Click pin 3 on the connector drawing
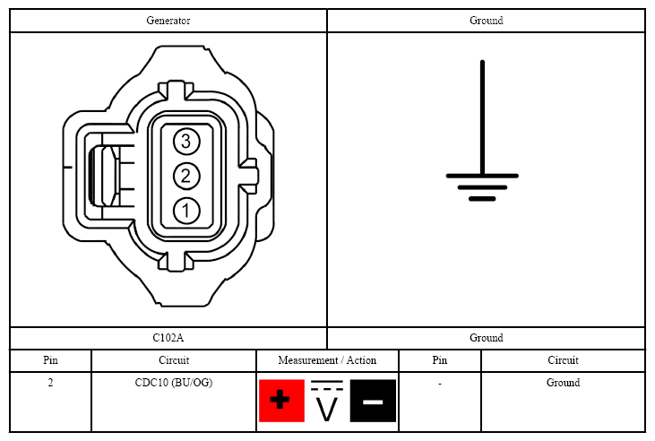(x=186, y=142)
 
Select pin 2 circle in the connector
(x=186, y=176)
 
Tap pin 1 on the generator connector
(x=186, y=211)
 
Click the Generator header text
(x=168, y=21)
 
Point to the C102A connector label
(x=168, y=338)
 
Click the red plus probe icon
(x=281, y=401)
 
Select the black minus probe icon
(x=373, y=401)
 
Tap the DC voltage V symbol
(x=327, y=401)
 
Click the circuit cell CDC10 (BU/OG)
(x=174, y=383)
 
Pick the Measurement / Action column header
(x=327, y=360)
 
